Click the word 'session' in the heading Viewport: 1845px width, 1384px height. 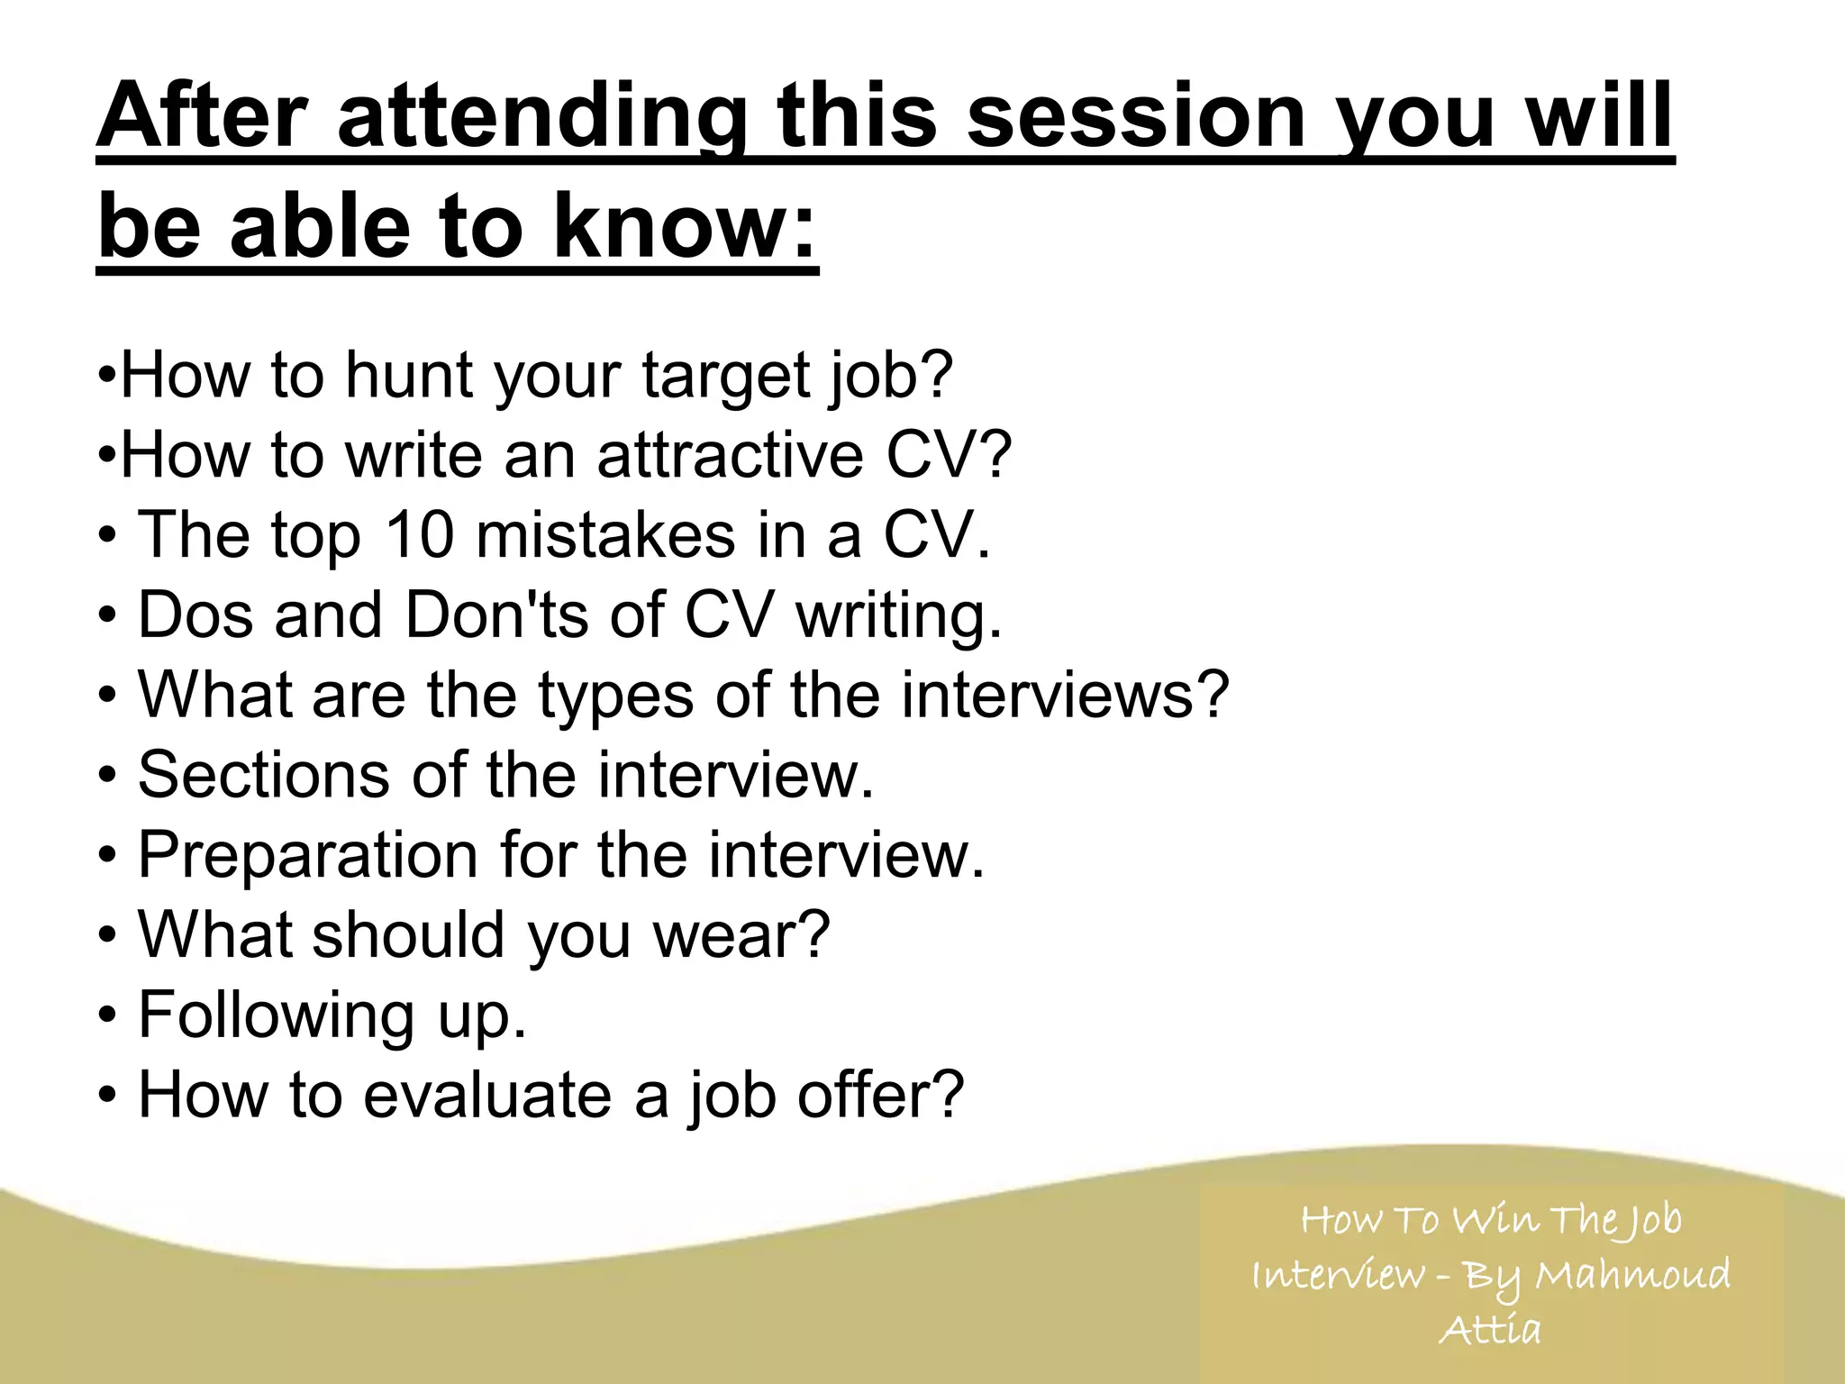pyautogui.click(x=1135, y=117)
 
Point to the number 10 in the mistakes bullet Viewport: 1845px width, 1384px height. pyautogui.click(x=419, y=534)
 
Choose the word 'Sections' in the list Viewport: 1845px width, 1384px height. pyautogui.click(x=263, y=774)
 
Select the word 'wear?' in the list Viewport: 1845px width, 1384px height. pyautogui.click(x=740, y=934)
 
